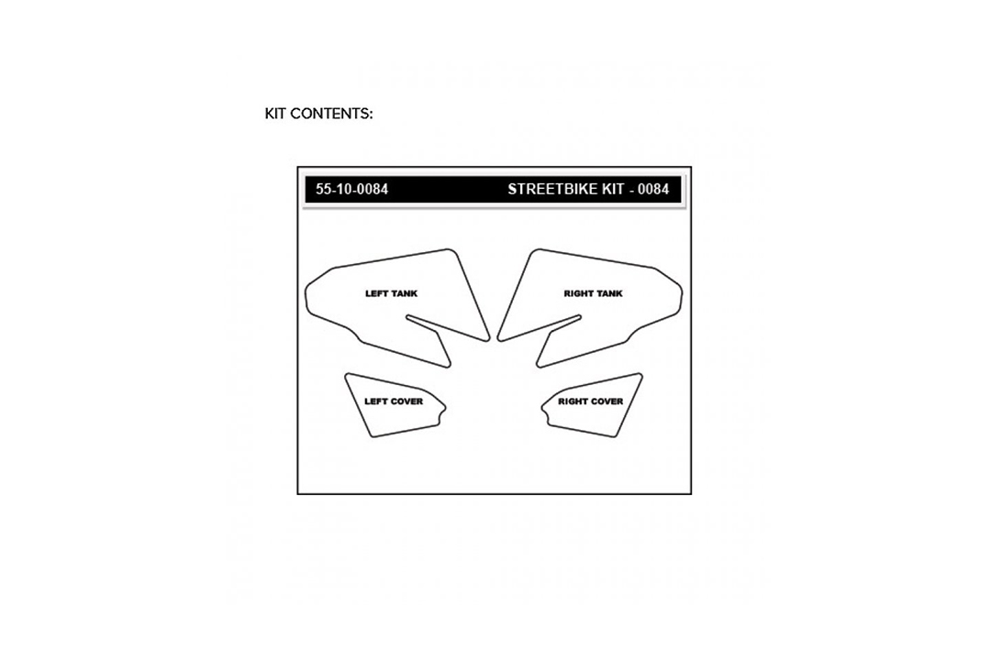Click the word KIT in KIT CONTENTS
(275, 114)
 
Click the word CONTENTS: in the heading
(332, 114)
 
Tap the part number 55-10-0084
(352, 189)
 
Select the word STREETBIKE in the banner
(549, 189)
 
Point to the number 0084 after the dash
(653, 189)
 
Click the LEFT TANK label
(391, 293)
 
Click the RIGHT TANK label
(594, 293)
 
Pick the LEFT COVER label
(394, 401)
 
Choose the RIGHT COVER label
(591, 401)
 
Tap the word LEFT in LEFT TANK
(377, 293)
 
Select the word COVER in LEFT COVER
(407, 401)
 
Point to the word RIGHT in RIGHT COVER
(572, 401)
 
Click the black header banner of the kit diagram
(493, 190)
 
